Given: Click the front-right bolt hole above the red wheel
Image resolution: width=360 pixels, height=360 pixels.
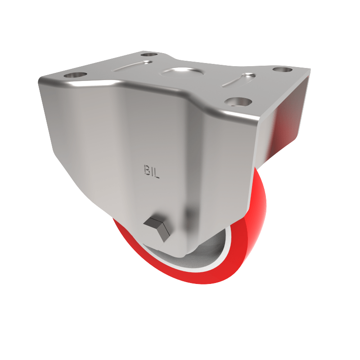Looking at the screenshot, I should tap(237, 101).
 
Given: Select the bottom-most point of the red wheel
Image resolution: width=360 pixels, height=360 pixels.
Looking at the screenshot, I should tap(202, 283).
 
